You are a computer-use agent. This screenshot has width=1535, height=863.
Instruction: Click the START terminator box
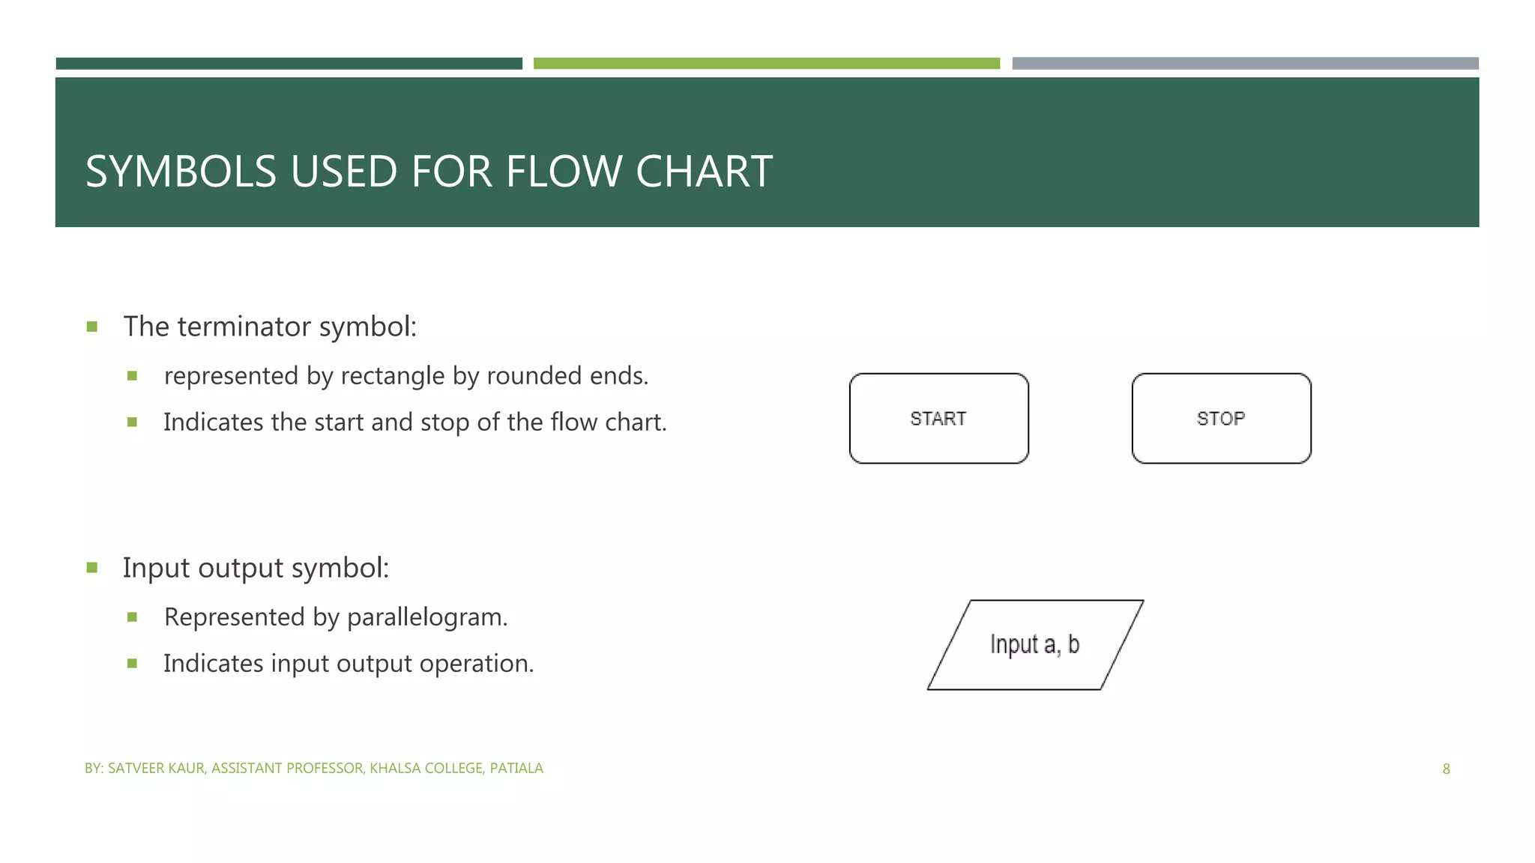pyautogui.click(x=938, y=418)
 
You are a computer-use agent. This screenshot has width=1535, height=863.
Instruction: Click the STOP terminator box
pyautogui.click(x=1221, y=418)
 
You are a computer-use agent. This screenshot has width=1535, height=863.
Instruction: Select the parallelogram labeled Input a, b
pyautogui.click(x=1035, y=644)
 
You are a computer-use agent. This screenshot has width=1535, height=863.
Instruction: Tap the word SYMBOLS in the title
pyautogui.click(x=181, y=172)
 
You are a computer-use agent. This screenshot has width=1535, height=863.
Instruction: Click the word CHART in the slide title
pyautogui.click(x=704, y=172)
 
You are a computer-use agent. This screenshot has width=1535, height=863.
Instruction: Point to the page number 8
pyautogui.click(x=1446, y=769)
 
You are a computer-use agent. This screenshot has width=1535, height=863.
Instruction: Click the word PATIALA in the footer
pyautogui.click(x=516, y=769)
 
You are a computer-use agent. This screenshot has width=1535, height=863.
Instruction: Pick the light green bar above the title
pyautogui.click(x=766, y=64)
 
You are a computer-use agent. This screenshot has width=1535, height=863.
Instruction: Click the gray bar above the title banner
pyautogui.click(x=1245, y=64)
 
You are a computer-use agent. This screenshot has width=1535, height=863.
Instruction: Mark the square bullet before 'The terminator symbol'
pyautogui.click(x=92, y=327)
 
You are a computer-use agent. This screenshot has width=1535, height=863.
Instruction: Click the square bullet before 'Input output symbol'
pyautogui.click(x=92, y=568)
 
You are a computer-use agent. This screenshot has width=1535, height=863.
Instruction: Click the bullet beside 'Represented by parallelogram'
pyautogui.click(x=133, y=617)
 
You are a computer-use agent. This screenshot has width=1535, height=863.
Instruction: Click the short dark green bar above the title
pyautogui.click(x=289, y=64)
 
